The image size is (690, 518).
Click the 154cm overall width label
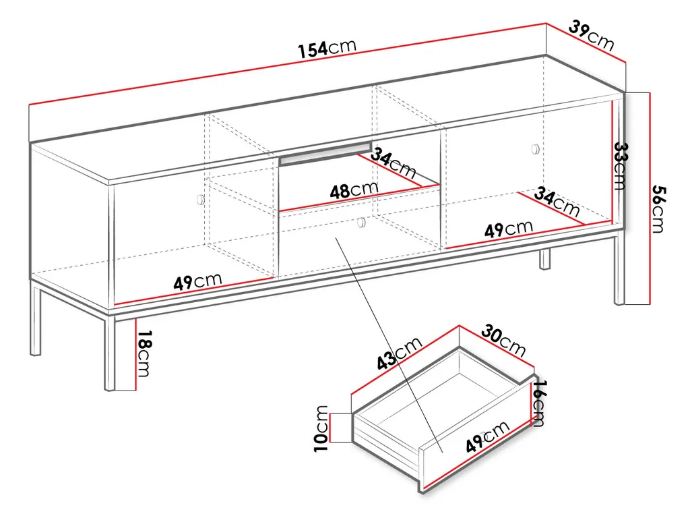327,48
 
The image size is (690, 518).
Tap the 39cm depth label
591,36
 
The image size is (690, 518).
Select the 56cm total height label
658,209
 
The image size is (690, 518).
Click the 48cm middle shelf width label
354,190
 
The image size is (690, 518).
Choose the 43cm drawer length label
398,355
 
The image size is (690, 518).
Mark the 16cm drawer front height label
538,403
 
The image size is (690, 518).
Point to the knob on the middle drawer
362,222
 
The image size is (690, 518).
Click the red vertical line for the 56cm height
649,198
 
